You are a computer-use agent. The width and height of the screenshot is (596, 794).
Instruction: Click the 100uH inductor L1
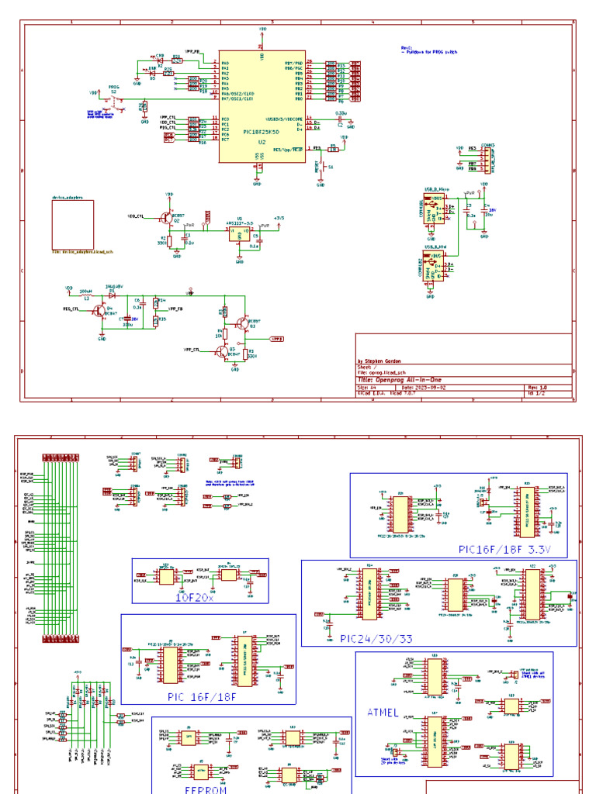(85, 295)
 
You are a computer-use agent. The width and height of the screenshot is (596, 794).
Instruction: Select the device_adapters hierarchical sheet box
(73, 223)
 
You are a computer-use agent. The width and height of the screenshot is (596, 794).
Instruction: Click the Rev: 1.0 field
(538, 387)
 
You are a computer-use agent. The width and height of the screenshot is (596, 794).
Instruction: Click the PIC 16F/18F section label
(201, 696)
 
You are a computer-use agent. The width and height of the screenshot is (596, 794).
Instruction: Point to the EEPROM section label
(205, 789)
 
